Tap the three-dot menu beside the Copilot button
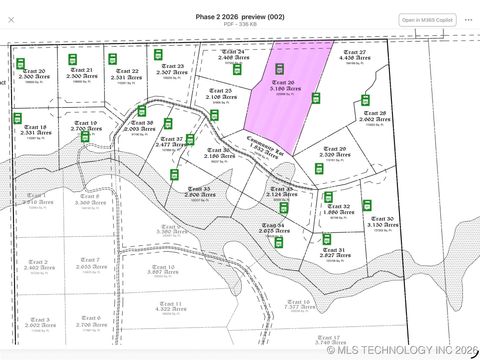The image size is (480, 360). (468, 20)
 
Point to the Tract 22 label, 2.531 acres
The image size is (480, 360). (127, 73)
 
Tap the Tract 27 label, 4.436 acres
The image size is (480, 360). (354, 55)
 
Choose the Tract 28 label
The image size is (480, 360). (374, 116)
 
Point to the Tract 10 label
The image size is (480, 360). (161, 269)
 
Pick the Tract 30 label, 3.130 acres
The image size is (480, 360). (381, 221)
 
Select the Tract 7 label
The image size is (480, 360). (90, 264)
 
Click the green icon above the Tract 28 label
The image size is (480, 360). (365, 100)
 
